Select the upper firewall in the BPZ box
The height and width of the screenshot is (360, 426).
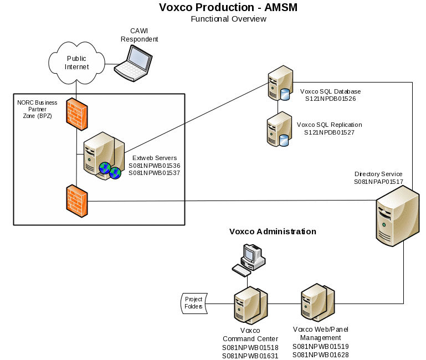coord(75,114)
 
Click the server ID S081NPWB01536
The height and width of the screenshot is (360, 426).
coord(155,165)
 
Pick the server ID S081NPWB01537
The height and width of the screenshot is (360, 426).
coord(155,173)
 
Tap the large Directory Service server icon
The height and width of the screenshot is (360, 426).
coord(397,216)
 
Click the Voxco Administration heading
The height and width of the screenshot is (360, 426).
coord(273,232)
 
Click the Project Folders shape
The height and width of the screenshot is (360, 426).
coord(193,303)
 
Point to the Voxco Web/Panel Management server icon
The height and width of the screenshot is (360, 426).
coord(317,303)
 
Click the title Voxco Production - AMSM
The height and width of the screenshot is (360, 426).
coord(228,7)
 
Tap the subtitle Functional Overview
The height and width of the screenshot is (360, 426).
coord(228,19)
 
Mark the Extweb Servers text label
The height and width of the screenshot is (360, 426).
coord(147,157)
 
